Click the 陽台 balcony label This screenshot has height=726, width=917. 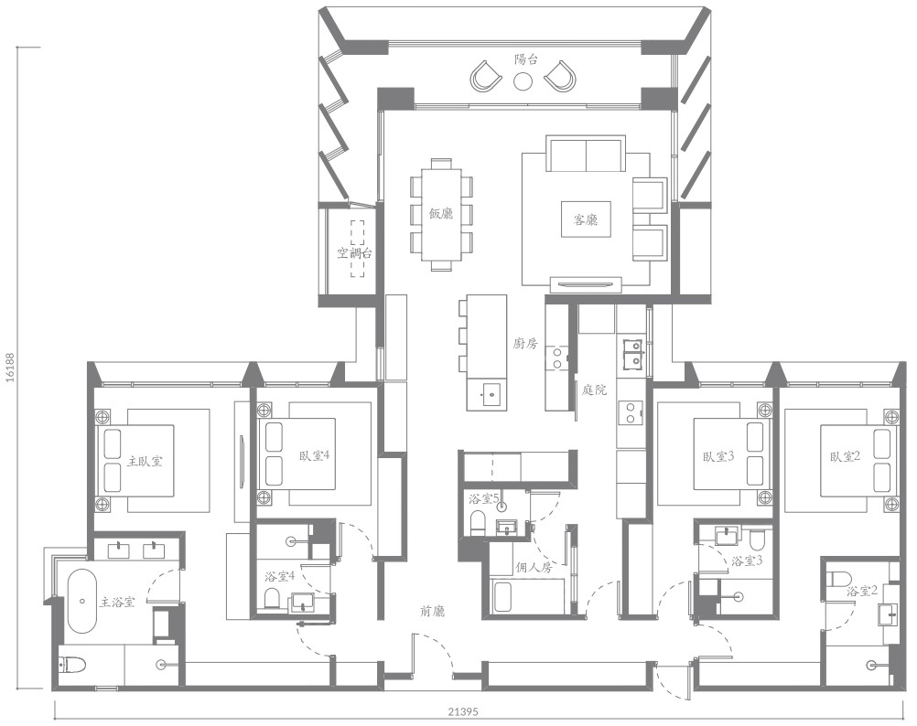pos(525,59)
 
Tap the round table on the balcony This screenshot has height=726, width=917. pos(523,80)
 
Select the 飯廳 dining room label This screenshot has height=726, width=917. pos(441,214)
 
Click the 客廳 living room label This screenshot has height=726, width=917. pos(586,219)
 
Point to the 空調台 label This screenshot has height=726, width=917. pos(354,253)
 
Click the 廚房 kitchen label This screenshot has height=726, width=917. pos(524,344)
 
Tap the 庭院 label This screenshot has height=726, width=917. pos(594,390)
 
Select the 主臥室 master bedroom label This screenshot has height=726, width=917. pos(145,462)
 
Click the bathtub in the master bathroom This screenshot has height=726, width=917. pos(81,601)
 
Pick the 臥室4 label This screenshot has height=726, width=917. pos(314,455)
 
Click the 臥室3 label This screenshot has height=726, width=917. pos(718,456)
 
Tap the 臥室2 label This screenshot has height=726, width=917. pos(845,456)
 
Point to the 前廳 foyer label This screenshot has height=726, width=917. pos(432,611)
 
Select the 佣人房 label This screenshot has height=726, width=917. pos(534,567)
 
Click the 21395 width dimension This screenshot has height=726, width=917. pos(463,712)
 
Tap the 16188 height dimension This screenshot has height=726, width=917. pos(9,367)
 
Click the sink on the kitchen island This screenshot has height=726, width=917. pos(491,394)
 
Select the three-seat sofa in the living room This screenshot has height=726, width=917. pos(586,154)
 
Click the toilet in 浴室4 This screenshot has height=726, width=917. pos(272,599)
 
